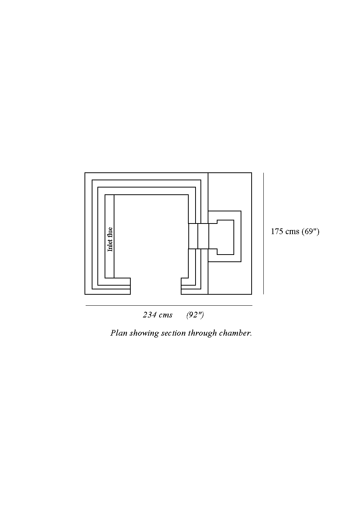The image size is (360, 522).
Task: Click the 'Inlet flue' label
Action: [x=110, y=239]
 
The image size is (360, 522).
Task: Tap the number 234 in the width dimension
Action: [x=149, y=314]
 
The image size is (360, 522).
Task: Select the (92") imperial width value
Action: [x=195, y=315]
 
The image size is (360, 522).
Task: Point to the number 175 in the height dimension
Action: [x=277, y=231]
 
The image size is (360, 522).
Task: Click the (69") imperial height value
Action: [x=310, y=231]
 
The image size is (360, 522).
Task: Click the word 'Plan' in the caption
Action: [x=119, y=333]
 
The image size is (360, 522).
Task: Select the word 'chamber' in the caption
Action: [x=235, y=333]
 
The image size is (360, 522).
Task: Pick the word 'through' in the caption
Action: [x=202, y=333]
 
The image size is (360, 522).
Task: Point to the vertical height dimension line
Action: [x=263, y=233]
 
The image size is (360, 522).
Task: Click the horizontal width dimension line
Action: [x=169, y=305]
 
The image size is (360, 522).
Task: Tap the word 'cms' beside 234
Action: [x=166, y=315]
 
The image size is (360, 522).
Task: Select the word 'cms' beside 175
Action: [x=292, y=232]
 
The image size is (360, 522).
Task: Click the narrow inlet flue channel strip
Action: [x=110, y=236]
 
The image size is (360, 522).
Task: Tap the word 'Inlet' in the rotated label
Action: [x=110, y=245]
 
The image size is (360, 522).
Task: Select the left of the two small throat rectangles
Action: [x=193, y=236]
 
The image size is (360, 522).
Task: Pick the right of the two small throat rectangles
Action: [x=203, y=236]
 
